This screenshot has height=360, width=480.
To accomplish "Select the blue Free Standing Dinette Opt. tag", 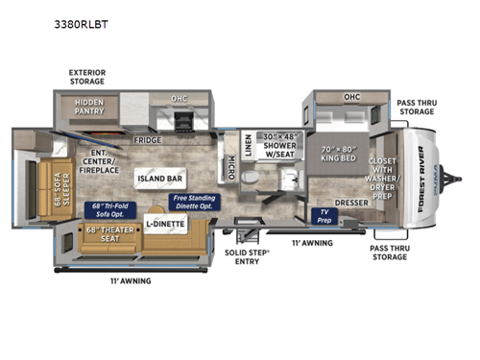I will (x=192, y=202).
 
